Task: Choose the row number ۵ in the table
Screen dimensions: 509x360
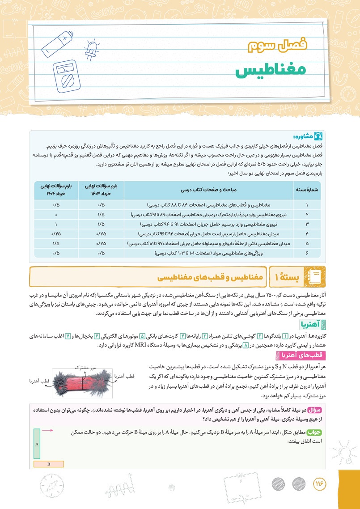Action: pyautogui.click(x=307, y=243)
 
